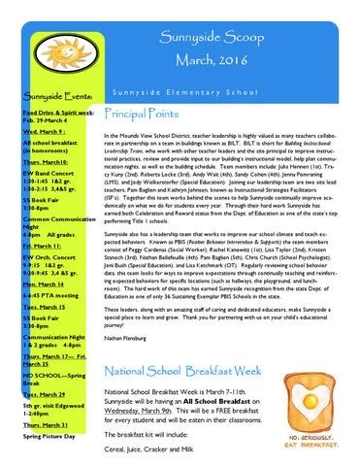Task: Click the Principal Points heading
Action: tap(146, 114)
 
